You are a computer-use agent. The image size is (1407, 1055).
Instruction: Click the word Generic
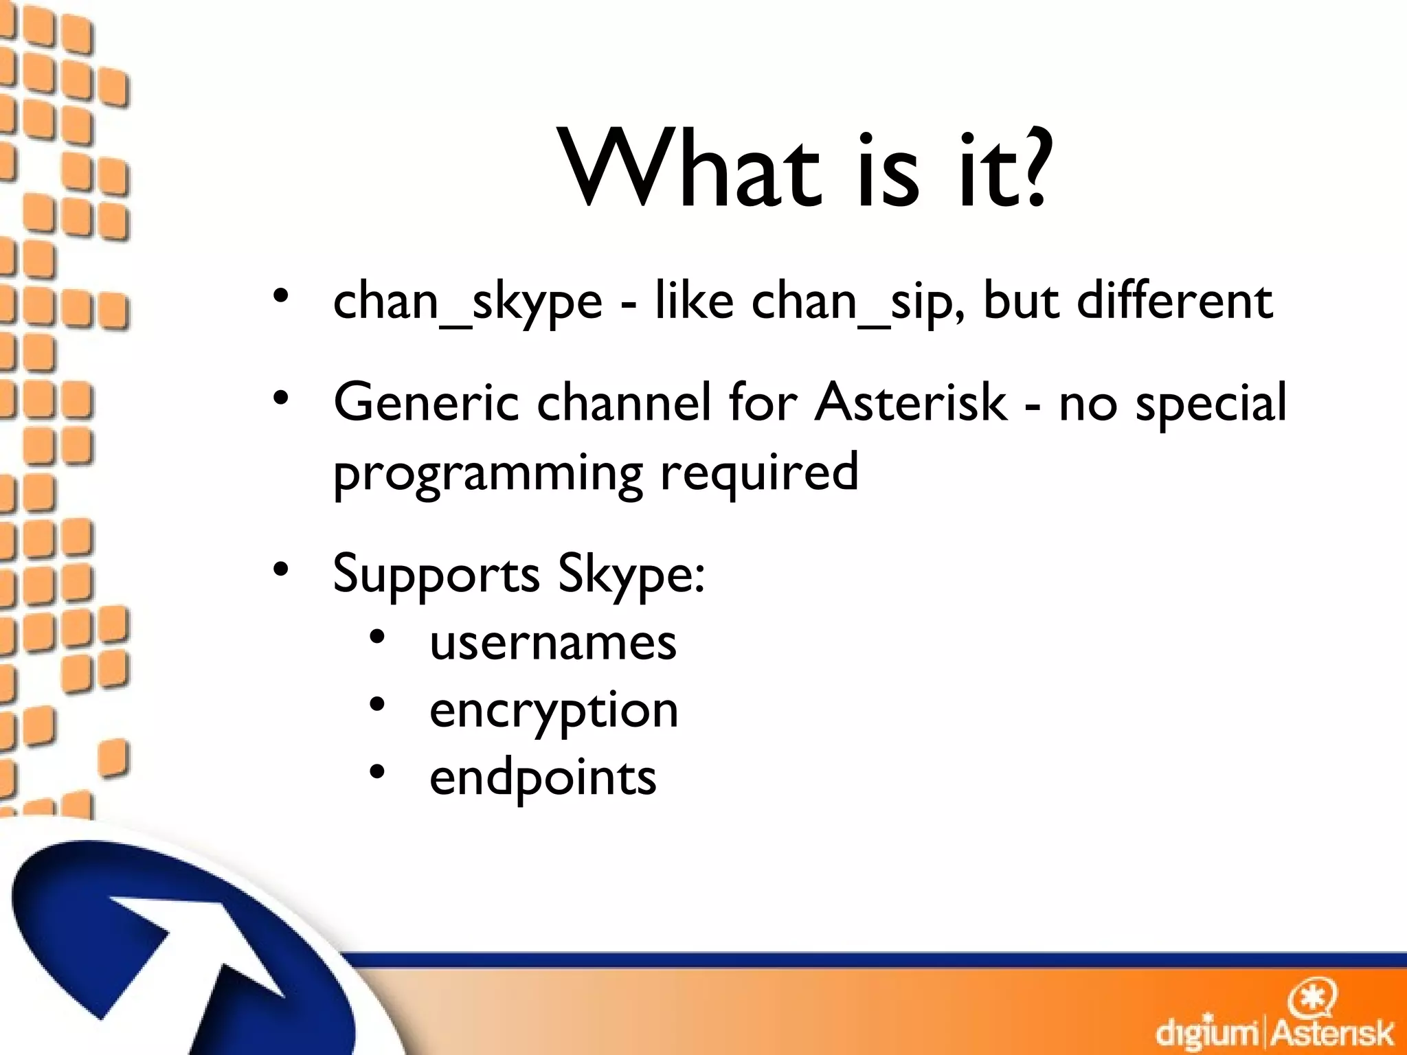pos(426,402)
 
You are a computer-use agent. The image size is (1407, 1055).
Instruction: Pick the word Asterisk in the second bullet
pos(911,402)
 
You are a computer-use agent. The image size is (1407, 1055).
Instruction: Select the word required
pos(759,473)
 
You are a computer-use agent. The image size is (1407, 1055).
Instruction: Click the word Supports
pos(436,574)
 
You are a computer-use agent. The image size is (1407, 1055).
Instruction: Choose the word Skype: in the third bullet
pos(631,573)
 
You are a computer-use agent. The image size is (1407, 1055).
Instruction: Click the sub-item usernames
pos(553,643)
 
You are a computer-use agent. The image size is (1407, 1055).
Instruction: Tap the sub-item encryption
pos(554,711)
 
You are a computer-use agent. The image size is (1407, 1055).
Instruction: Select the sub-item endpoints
pos(543,778)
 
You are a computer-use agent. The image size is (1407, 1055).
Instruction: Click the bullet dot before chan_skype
pos(280,297)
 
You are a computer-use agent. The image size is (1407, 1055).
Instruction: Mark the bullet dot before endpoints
pos(377,772)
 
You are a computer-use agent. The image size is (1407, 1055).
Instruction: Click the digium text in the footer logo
pos(1207,1032)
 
